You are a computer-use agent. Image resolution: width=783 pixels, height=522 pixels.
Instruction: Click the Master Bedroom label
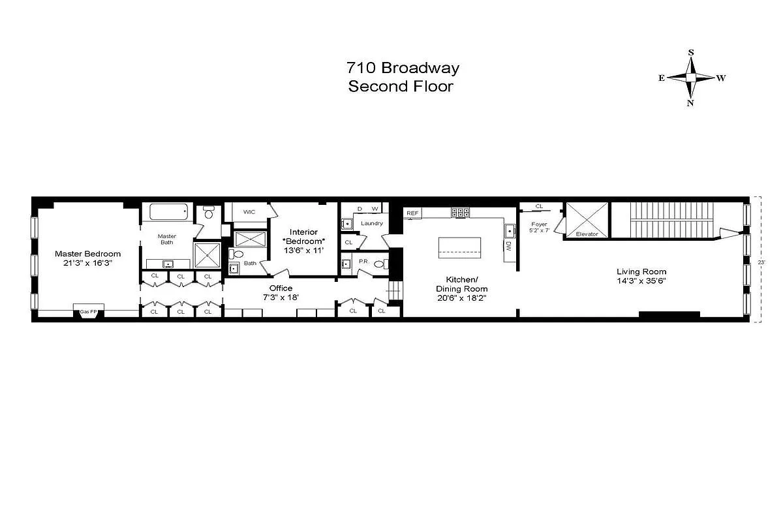[x=87, y=254]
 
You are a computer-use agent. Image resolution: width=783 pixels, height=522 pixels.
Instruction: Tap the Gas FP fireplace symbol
[x=88, y=311]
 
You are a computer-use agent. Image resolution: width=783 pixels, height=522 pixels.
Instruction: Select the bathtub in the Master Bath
[x=168, y=211]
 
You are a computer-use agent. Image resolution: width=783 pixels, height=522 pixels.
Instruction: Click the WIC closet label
[x=249, y=212]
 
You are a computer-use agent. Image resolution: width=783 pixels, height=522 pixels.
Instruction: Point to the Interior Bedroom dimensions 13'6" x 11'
[x=303, y=250]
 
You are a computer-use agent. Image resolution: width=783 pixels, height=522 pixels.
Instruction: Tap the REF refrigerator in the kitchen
[x=412, y=213]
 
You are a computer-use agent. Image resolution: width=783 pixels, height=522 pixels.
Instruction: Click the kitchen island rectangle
[x=459, y=247]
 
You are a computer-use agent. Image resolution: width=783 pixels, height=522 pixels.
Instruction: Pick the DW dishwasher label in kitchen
[x=508, y=246]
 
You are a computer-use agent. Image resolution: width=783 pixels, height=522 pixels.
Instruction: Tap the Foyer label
[x=540, y=224]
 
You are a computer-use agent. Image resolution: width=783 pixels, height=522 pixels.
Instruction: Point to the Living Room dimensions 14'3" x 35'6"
[x=642, y=281]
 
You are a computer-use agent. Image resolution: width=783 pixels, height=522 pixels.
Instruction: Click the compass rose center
[x=691, y=78]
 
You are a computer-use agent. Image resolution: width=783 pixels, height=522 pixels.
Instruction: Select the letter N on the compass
[x=690, y=102]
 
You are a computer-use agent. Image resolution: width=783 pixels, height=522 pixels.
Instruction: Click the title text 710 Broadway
[x=403, y=68]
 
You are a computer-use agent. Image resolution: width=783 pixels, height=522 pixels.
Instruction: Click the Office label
[x=281, y=288]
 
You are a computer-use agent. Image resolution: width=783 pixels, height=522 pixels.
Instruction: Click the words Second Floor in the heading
[x=400, y=86]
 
